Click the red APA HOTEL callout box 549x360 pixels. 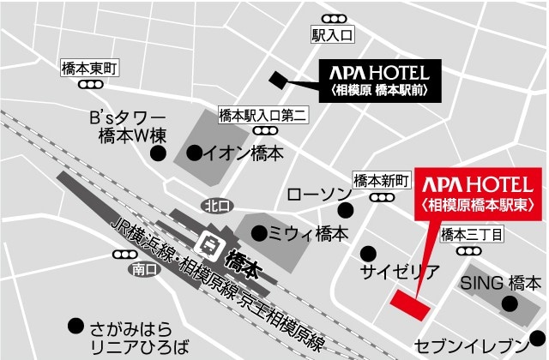(479, 193)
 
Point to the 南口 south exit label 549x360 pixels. (142, 269)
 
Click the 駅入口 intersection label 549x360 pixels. (332, 35)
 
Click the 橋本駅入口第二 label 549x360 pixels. (263, 115)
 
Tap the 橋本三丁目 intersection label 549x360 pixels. (471, 233)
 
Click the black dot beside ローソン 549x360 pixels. (345, 210)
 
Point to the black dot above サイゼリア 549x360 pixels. (369, 253)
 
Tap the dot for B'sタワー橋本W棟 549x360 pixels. (158, 153)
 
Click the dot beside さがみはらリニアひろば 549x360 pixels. (75, 326)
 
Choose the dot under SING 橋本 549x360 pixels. (510, 303)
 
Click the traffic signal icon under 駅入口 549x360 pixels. (331, 19)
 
